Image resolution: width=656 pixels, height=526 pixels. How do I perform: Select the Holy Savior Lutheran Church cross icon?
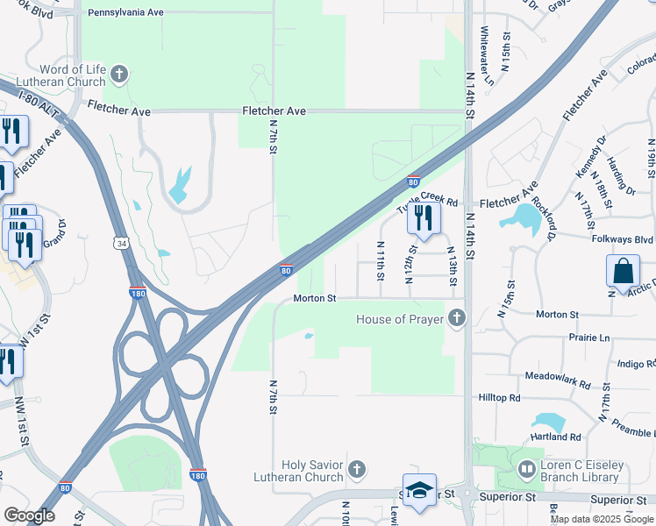(356, 469)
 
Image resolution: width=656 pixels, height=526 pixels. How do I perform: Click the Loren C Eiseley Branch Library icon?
(526, 470)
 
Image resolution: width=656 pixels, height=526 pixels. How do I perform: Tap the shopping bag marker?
(623, 272)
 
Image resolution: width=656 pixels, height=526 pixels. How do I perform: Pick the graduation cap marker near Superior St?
(419, 492)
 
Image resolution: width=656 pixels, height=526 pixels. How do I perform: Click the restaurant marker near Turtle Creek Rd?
(423, 219)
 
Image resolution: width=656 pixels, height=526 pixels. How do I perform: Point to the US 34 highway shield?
(120, 242)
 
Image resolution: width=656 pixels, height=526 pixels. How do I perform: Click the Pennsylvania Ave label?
(126, 13)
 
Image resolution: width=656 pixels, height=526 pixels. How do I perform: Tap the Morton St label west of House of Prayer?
(315, 299)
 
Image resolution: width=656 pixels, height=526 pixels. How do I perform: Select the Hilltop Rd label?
(500, 398)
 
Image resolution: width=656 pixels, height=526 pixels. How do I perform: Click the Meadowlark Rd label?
(558, 378)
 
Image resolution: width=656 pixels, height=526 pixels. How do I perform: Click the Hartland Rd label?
(556, 437)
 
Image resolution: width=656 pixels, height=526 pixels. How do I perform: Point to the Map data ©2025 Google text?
(602, 519)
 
